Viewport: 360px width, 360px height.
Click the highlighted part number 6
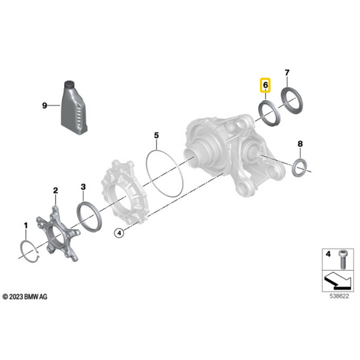click(265, 86)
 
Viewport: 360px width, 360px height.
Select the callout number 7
click(287, 72)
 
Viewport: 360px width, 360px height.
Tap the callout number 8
click(301, 144)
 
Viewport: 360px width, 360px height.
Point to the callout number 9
click(45, 105)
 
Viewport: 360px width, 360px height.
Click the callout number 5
click(156, 136)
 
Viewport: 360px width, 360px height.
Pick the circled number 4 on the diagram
click(120, 233)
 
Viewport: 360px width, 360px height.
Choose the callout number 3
click(82, 186)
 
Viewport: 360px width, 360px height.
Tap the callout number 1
click(26, 224)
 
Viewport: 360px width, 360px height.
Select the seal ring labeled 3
click(88, 217)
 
